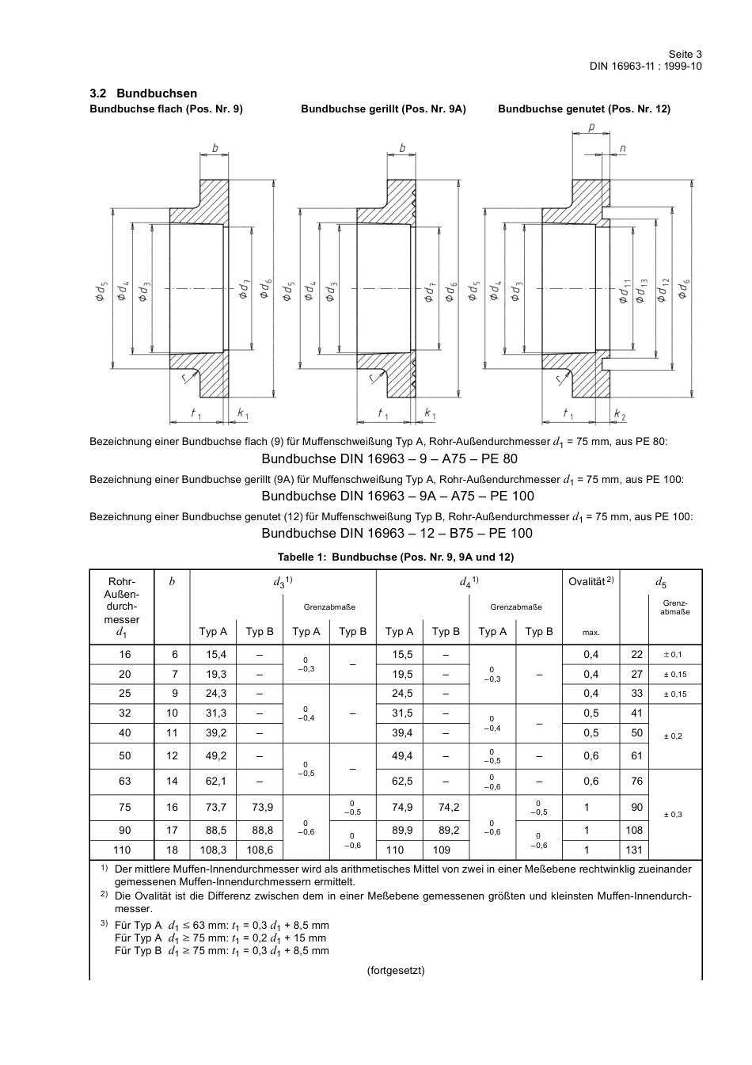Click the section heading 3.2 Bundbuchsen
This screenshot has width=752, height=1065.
pos(143,93)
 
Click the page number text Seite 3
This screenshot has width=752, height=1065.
pos(685,54)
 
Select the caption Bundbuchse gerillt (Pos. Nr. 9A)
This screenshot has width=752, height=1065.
pos(383,109)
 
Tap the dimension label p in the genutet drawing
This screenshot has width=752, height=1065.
pos(591,127)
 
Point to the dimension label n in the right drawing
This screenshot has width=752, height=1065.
pos(622,148)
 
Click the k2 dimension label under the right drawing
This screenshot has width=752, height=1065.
pos(619,415)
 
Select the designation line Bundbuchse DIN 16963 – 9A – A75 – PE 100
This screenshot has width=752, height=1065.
pos(397,496)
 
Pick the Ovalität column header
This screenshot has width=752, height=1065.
pos(591,582)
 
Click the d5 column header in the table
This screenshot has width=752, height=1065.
pos(661,582)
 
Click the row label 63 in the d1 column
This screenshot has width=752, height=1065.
pos(125,782)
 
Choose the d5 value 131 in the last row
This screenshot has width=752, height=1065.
pos(634,850)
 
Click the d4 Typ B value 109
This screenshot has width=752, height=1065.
pos(442,850)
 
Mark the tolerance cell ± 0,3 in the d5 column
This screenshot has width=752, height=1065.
pos(672,815)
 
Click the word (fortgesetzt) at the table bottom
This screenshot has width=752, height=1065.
pos(396,970)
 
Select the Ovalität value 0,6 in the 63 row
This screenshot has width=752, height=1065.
pos(591,782)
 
